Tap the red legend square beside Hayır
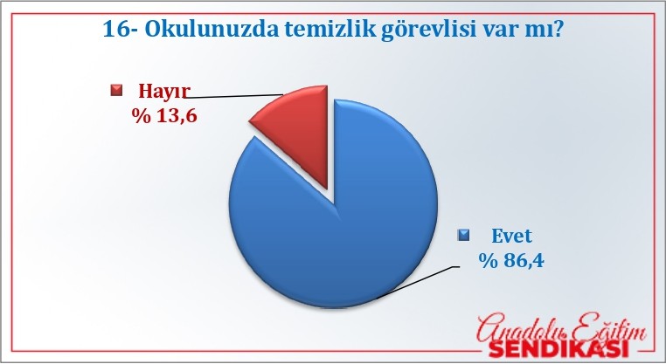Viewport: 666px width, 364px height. (x=116, y=91)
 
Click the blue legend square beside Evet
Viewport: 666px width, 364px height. (x=463, y=235)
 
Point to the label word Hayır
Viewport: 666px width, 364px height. (x=164, y=91)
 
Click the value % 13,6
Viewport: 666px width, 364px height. (x=164, y=115)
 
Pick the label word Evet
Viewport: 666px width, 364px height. (x=511, y=236)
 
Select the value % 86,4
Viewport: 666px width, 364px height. (x=511, y=260)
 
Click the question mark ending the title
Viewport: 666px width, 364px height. (x=558, y=30)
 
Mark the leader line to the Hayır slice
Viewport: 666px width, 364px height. (x=233, y=96)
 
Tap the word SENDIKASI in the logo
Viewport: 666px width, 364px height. (x=558, y=349)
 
